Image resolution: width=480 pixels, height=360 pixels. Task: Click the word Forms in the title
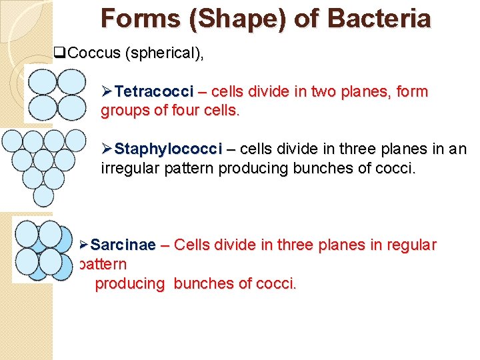[140, 18]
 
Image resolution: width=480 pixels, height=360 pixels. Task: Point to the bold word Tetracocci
[154, 91]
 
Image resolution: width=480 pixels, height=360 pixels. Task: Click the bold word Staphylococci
[169, 149]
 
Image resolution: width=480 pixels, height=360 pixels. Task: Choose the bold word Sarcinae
[123, 245]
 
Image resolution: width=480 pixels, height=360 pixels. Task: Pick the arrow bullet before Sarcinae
[84, 245]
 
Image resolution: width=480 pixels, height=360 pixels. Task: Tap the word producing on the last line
[130, 284]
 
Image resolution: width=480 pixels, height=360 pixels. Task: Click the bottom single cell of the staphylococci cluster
[43, 195]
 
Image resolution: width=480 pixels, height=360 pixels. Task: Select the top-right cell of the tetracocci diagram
[70, 82]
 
